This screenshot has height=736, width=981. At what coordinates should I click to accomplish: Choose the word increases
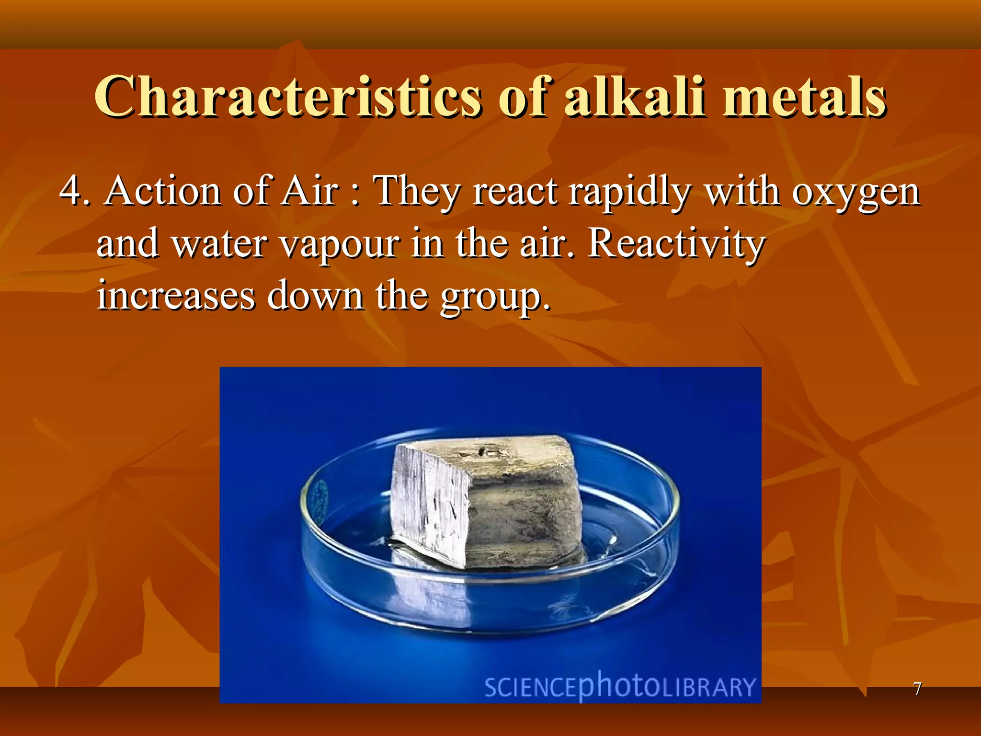pos(176,296)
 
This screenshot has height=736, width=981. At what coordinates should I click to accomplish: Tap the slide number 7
pos(917,689)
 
